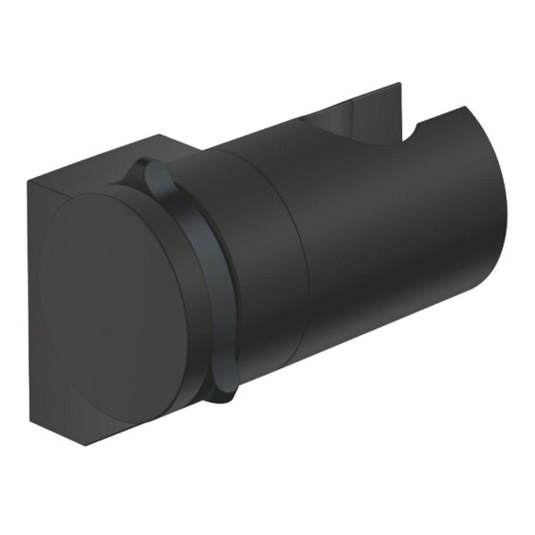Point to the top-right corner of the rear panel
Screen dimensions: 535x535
pyautogui.click(x=399, y=85)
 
